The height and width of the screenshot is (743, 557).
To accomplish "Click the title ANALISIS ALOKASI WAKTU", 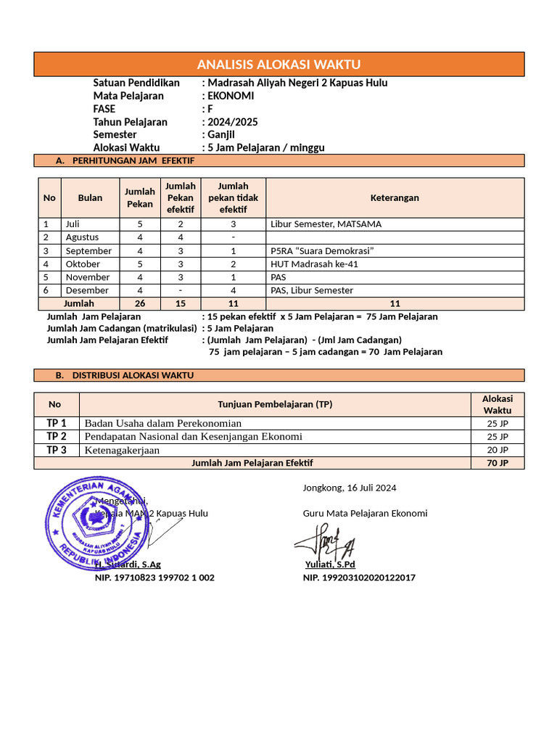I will pyautogui.click(x=279, y=65).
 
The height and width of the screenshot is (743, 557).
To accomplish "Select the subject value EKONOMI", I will pyautogui.click(x=231, y=96).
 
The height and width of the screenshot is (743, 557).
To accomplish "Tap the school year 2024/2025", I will pyautogui.click(x=232, y=122).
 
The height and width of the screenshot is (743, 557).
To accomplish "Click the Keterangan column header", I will pyautogui.click(x=395, y=198).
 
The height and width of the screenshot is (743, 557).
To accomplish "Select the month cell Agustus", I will pyautogui.click(x=82, y=237).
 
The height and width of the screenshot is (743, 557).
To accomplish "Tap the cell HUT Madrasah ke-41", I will pyautogui.click(x=314, y=264).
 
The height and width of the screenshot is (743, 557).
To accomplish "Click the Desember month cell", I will pyautogui.click(x=87, y=290).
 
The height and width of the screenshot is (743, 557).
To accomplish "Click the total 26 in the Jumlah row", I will pyautogui.click(x=140, y=303).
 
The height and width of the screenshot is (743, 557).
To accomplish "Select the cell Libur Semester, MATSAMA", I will pyautogui.click(x=326, y=224).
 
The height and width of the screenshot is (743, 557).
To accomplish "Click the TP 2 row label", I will pyautogui.click(x=57, y=436).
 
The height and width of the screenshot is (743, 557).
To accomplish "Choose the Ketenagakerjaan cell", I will pyautogui.click(x=122, y=450).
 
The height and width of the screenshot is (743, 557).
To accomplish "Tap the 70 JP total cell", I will pyautogui.click(x=498, y=463).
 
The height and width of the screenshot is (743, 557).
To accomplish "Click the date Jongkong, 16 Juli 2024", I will pyautogui.click(x=350, y=488).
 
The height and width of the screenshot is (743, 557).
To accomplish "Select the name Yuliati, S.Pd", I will pyautogui.click(x=330, y=565).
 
